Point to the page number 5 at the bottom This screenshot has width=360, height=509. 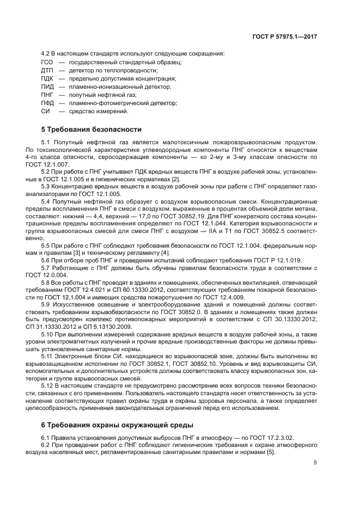click(x=315, y=463)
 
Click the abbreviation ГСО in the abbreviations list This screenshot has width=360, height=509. click(x=47, y=62)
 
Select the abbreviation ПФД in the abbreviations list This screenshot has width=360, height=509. click(x=47, y=103)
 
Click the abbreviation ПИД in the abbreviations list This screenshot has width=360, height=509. click(x=47, y=87)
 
